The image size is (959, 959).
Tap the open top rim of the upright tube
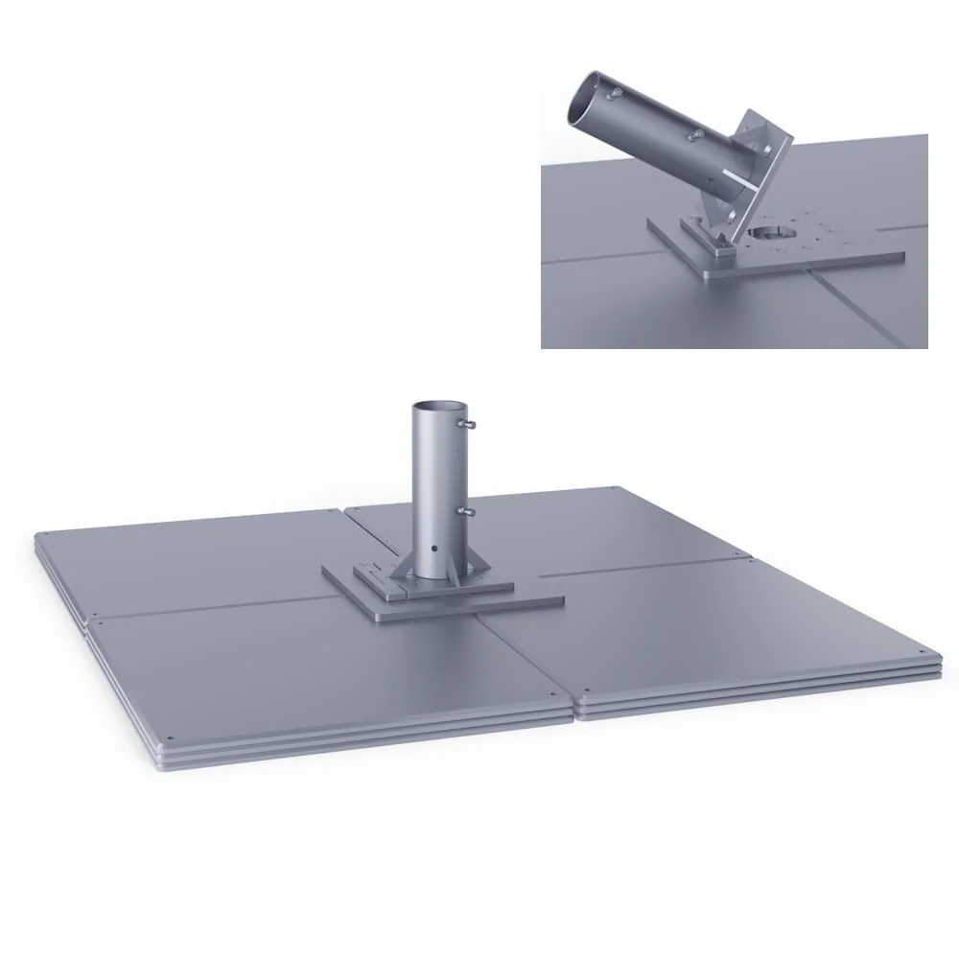tap(437, 407)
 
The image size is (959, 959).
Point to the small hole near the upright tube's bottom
tap(435, 550)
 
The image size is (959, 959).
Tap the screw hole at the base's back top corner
tap(613, 489)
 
